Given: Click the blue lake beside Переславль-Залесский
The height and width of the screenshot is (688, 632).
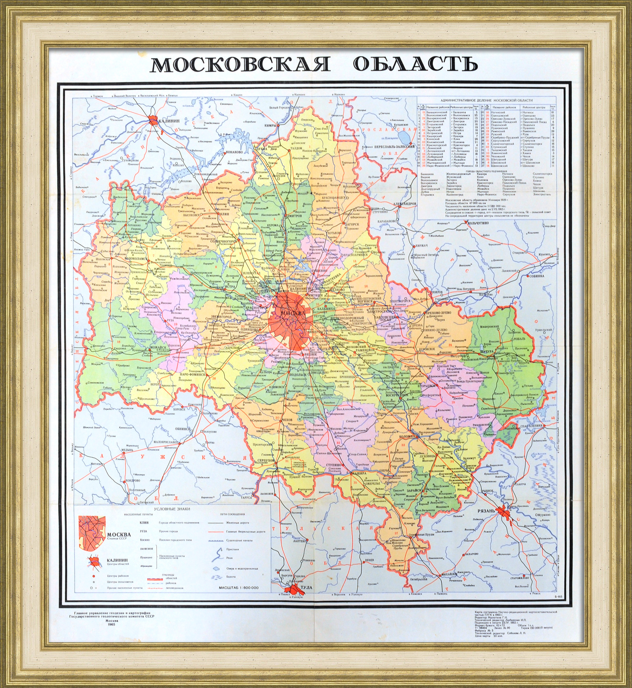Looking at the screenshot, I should [404, 136].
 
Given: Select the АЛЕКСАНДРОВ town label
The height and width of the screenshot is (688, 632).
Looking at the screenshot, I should [405, 204].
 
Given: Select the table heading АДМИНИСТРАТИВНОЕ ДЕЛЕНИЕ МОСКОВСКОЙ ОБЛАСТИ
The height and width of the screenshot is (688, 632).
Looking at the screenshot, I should [486, 100].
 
